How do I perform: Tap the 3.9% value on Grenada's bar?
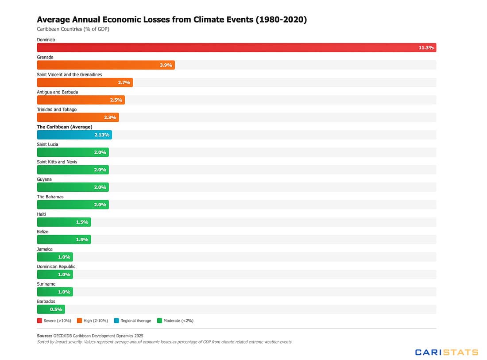coord(166,65)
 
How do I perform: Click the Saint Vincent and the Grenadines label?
coord(69,74)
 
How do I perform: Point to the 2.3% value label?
coord(110,117)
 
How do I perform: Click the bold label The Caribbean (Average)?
coord(64,127)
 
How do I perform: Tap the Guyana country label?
coord(44,179)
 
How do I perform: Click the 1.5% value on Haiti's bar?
coord(82,222)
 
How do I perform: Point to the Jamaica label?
coord(45,249)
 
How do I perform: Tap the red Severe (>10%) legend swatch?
coord(39,321)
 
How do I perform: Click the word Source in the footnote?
coord(44,336)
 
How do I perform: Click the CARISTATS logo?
coord(446,352)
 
